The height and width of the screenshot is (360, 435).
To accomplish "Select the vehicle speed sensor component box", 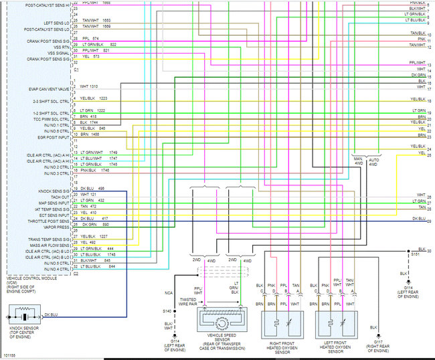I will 225,315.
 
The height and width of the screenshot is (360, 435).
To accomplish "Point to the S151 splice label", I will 414,254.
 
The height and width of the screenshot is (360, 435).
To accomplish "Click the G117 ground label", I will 379,347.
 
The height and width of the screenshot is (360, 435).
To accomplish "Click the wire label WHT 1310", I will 89,86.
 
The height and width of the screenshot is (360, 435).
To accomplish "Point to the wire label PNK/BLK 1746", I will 94,171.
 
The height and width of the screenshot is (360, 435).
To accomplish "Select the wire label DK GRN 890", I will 94,223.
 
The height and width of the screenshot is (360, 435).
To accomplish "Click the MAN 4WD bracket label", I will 358,161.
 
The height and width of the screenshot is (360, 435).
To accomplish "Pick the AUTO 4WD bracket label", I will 373,161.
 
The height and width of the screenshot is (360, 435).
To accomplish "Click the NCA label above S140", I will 168,292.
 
